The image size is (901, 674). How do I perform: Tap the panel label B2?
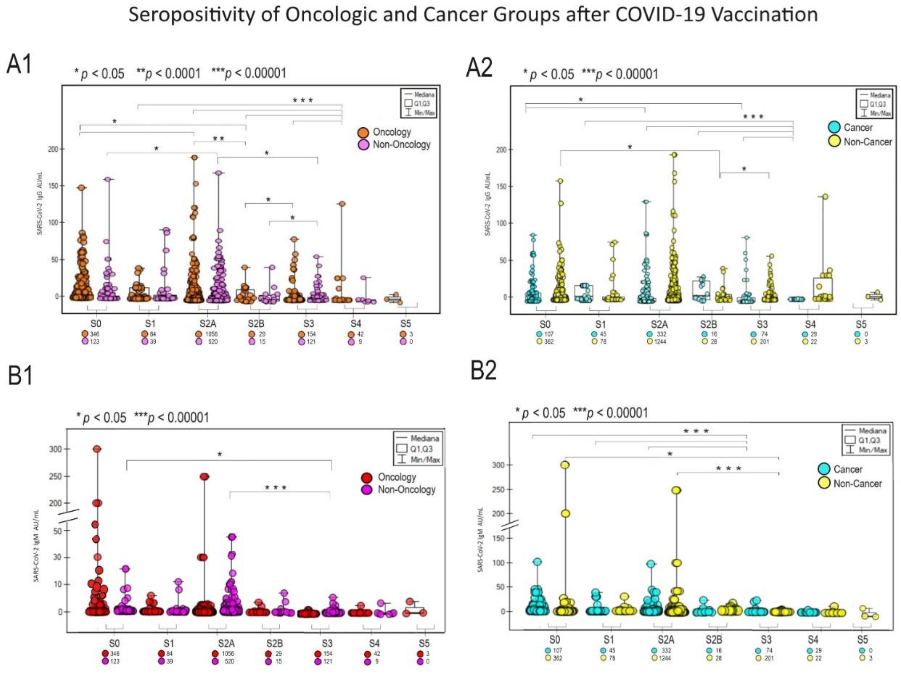coord(484,371)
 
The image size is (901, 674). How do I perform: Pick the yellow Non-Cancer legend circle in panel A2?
coord(835,141)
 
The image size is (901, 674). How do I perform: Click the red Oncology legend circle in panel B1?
coord(367,477)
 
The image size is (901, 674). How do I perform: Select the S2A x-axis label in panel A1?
coord(208,324)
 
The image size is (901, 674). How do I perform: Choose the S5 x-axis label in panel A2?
coord(861,325)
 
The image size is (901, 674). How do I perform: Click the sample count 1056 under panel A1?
coord(212,334)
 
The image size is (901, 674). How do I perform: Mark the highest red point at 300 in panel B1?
coord(97,449)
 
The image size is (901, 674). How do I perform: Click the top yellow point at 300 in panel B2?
coord(565,465)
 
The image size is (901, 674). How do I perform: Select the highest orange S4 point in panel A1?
coord(341,204)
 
